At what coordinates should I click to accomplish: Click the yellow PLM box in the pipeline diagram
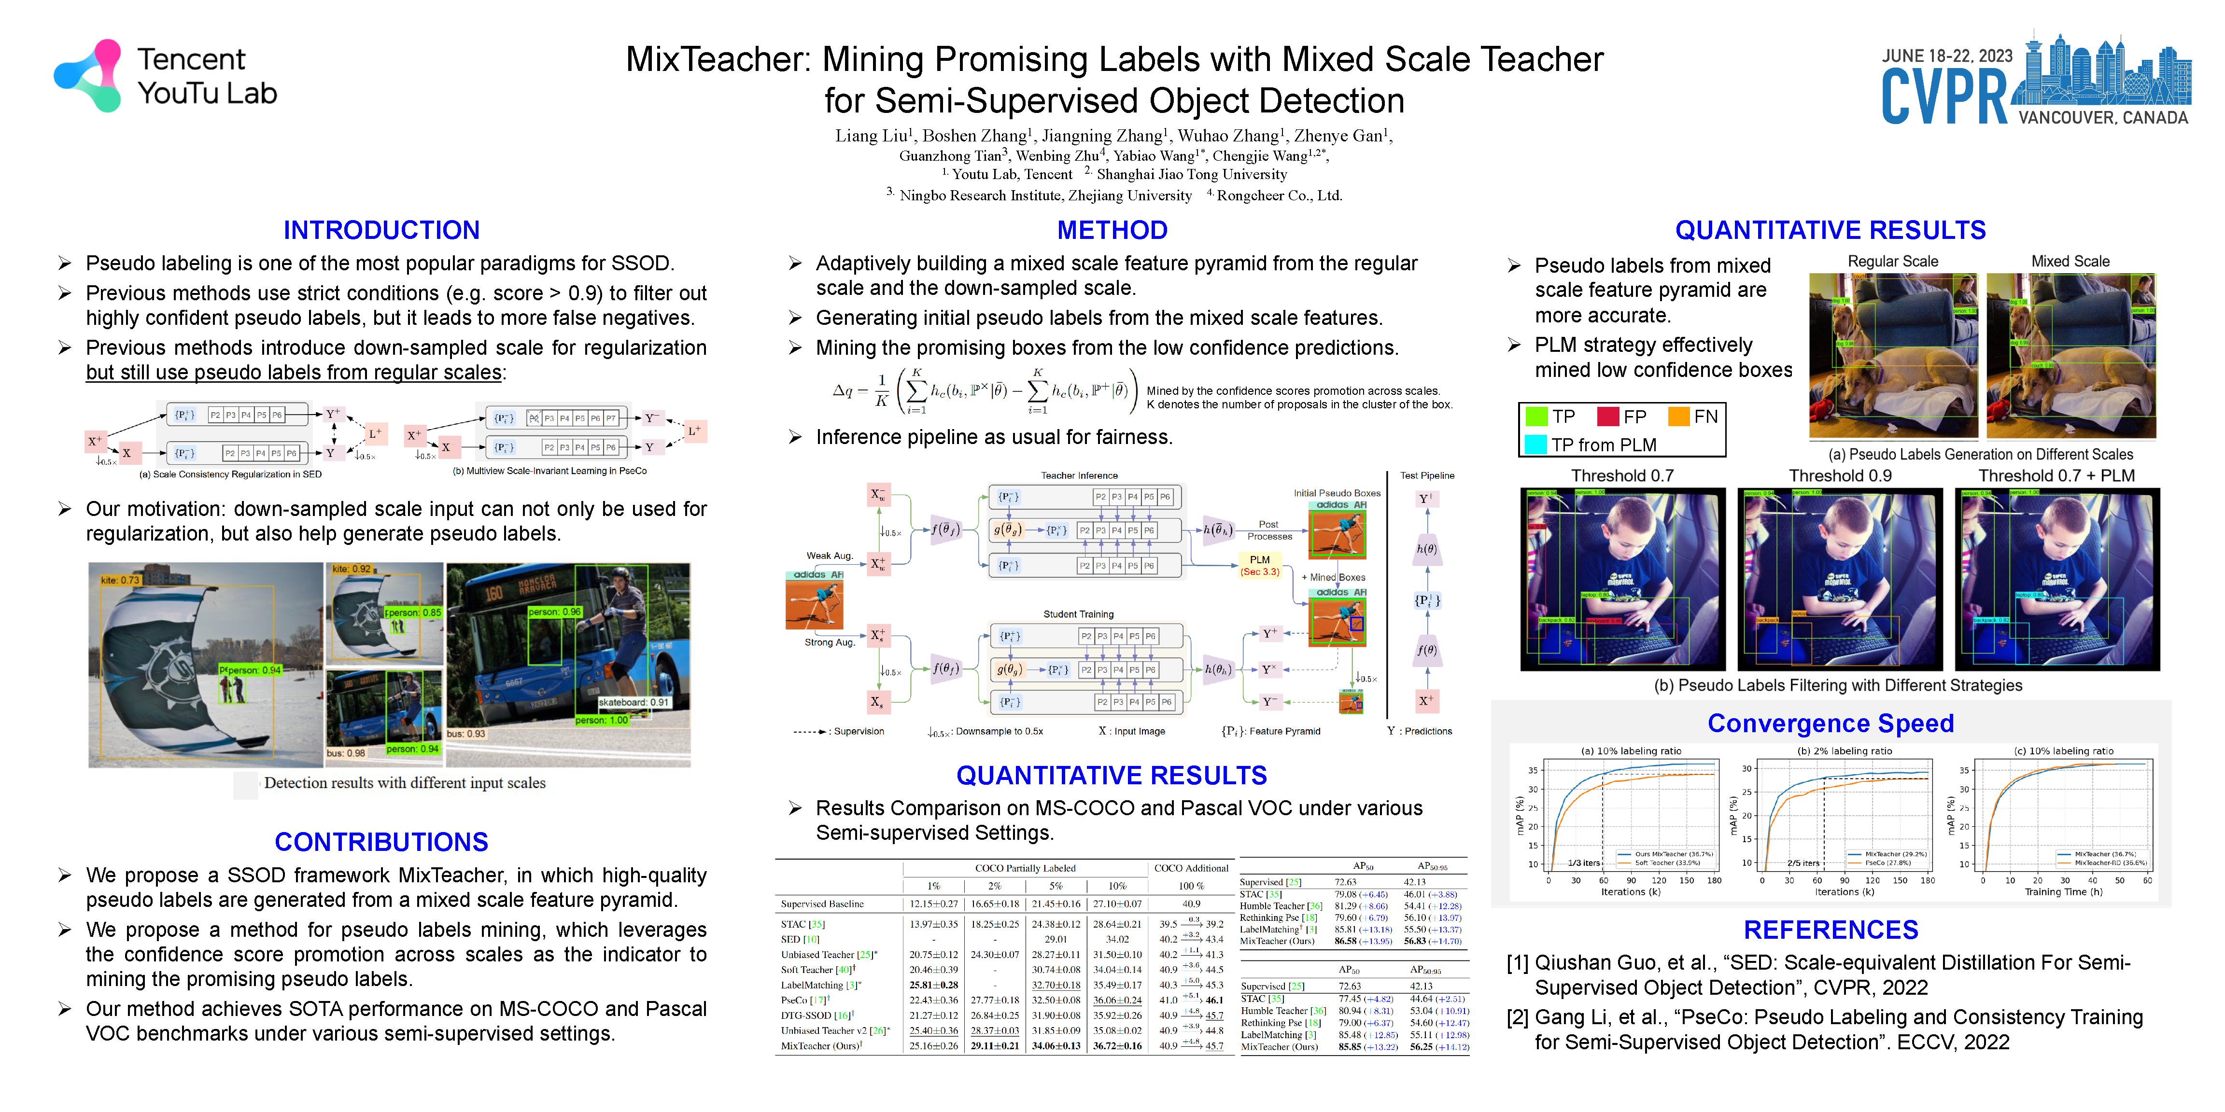(1259, 565)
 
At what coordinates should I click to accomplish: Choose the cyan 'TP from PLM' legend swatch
(1536, 445)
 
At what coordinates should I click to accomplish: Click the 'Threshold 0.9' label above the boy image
(1840, 476)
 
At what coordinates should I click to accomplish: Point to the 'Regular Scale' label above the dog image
(1892, 262)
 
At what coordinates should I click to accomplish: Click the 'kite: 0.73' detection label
(119, 580)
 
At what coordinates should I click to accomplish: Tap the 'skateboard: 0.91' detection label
(633, 702)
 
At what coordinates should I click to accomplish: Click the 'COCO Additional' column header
(1191, 868)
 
